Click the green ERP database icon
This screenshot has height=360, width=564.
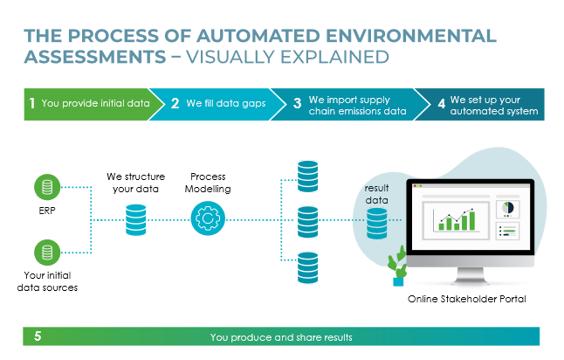point(47,187)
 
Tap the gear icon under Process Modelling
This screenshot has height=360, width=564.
point(208,218)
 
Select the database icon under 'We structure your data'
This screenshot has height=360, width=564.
point(136,220)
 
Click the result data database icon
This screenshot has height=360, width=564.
point(376,224)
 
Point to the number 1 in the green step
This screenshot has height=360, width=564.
point(32,103)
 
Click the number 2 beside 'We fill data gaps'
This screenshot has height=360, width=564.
point(175,103)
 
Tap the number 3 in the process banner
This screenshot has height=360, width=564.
point(297,103)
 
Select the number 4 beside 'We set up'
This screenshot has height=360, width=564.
point(442,104)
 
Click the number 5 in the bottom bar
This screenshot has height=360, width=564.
point(38,336)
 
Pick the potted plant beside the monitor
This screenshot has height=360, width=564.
point(397,266)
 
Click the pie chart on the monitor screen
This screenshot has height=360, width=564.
point(508,208)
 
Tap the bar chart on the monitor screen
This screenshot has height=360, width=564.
point(456,219)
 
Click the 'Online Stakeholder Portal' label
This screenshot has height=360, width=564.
point(467,299)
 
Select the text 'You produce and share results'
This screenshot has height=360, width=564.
point(281,337)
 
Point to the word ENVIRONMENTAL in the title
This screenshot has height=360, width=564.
point(410,36)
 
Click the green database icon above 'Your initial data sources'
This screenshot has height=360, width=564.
point(47,253)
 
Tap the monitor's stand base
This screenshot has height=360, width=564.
point(472,280)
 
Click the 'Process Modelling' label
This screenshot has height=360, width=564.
point(208,183)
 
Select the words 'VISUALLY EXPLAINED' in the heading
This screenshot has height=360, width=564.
point(287,57)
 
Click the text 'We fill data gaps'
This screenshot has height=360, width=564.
point(226,103)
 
